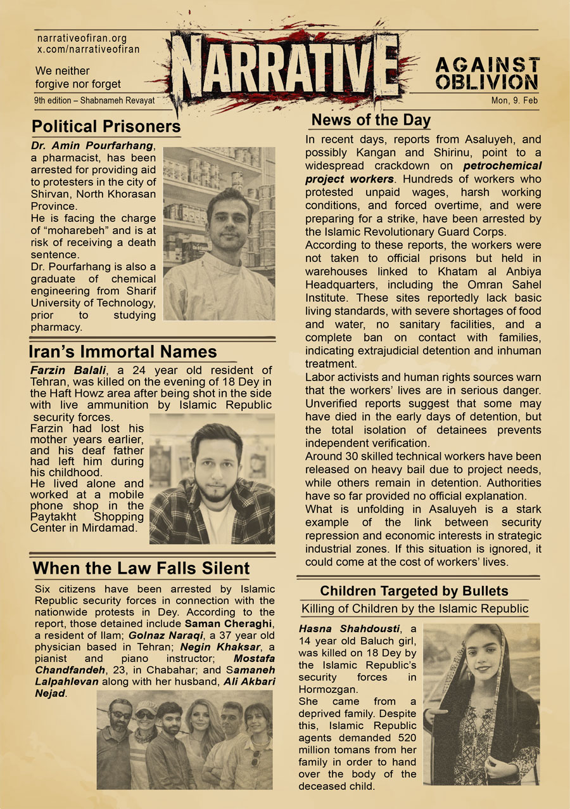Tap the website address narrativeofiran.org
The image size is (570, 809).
[82, 38]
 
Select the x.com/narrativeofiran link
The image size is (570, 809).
[88, 49]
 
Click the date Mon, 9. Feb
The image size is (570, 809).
[514, 101]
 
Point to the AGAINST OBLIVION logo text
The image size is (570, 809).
[487, 74]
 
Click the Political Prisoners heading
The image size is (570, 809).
[106, 126]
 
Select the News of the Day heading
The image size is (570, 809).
[371, 120]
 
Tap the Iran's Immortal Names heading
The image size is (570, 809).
[123, 352]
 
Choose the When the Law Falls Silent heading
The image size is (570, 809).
[141, 567]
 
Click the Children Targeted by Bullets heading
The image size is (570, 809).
[414, 591]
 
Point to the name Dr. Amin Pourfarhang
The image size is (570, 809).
[96, 146]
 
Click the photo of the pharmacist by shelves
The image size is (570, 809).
[218, 233]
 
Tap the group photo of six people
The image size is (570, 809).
[184, 739]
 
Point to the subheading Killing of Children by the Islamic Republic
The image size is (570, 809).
[414, 609]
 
